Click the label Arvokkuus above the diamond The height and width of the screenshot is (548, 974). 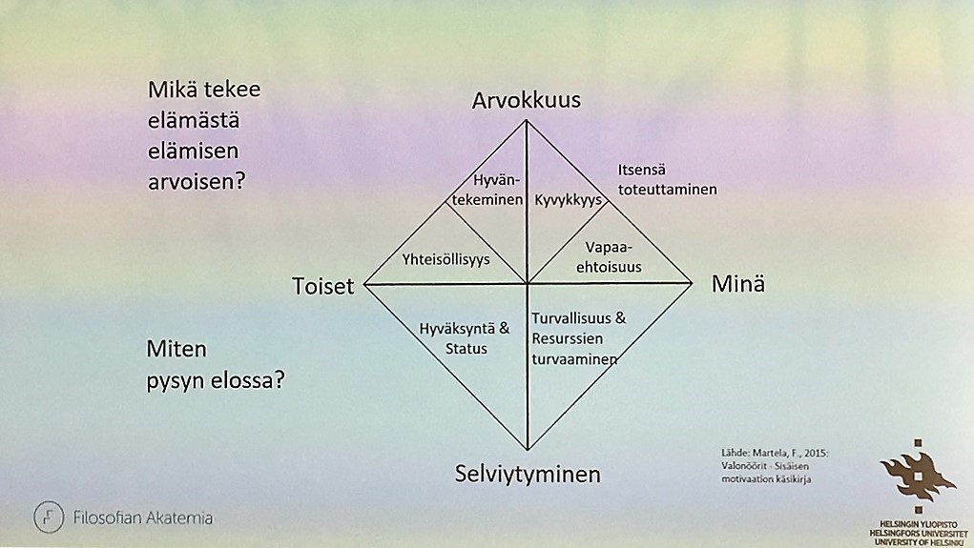click(527, 100)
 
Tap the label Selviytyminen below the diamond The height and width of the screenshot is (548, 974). click(528, 475)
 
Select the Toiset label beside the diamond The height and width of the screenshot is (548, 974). click(323, 286)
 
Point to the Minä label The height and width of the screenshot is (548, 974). click(738, 284)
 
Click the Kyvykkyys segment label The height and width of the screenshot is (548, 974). click(569, 200)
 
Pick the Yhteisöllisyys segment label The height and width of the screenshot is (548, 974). click(446, 259)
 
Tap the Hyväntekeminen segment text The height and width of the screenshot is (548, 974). click(487, 190)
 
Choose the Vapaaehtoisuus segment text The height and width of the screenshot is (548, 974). click(609, 257)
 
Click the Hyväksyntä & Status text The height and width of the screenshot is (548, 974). click(465, 338)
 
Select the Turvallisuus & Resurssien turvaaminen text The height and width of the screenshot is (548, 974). click(578, 338)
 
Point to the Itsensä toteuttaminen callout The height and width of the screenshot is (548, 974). click(667, 179)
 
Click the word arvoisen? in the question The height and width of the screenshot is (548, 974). click(197, 182)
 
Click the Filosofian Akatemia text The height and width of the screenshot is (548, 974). click(143, 518)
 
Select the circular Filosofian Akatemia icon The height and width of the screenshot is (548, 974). click(49, 517)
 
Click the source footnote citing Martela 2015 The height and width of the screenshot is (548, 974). click(775, 465)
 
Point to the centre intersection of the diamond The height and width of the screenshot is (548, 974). click(527, 284)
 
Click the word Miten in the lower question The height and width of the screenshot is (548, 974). click(176, 349)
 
